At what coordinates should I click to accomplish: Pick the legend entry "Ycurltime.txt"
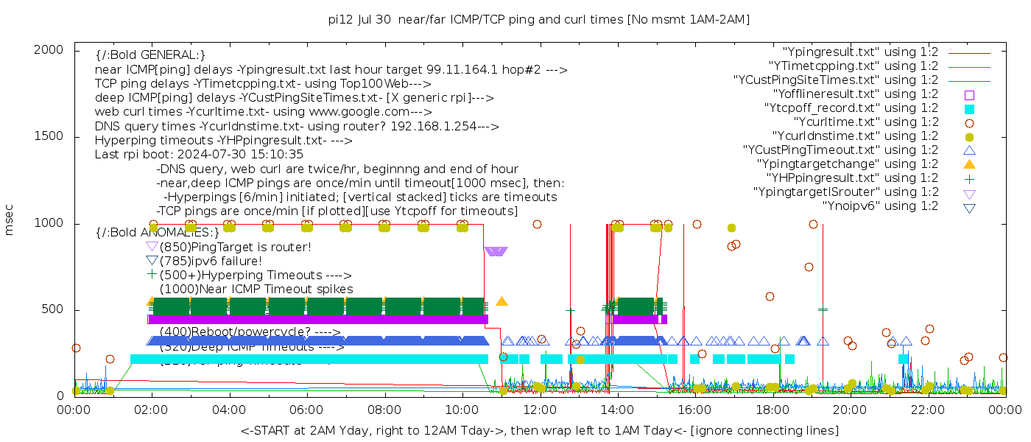pos(865,122)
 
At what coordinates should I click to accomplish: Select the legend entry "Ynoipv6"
pos(880,206)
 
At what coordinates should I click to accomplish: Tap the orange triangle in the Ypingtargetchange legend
pos(969,164)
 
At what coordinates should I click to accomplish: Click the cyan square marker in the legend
pos(969,108)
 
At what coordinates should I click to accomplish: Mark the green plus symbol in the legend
pos(969,178)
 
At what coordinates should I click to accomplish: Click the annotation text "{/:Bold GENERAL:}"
pos(151,55)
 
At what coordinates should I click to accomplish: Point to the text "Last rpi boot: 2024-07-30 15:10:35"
pos(199,155)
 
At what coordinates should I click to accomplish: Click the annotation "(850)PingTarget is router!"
pos(235,247)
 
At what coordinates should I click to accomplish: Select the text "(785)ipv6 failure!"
pos(211,261)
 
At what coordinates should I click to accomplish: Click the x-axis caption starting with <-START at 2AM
pos(539,430)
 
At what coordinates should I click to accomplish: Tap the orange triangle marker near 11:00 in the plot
pos(502,301)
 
